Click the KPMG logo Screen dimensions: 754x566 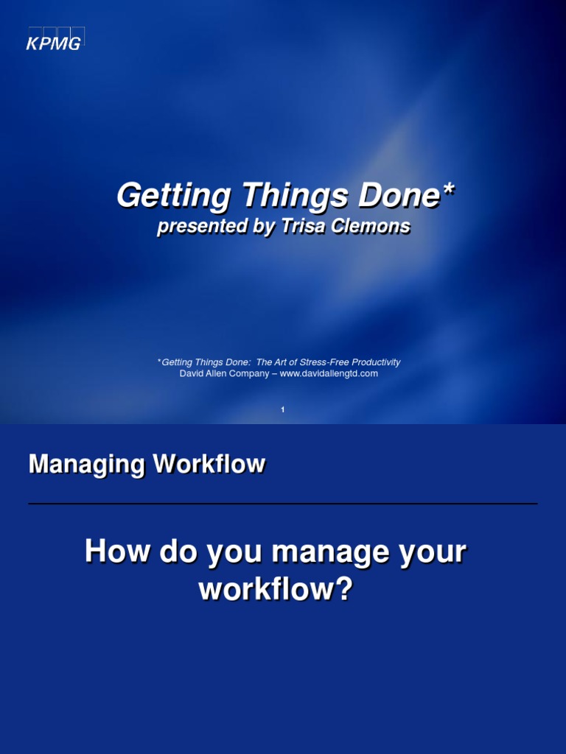(x=54, y=40)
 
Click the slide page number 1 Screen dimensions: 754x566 (x=283, y=410)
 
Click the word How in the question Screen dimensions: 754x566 (x=112, y=552)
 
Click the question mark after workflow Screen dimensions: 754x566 (x=345, y=589)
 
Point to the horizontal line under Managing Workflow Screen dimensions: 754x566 (x=283, y=504)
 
